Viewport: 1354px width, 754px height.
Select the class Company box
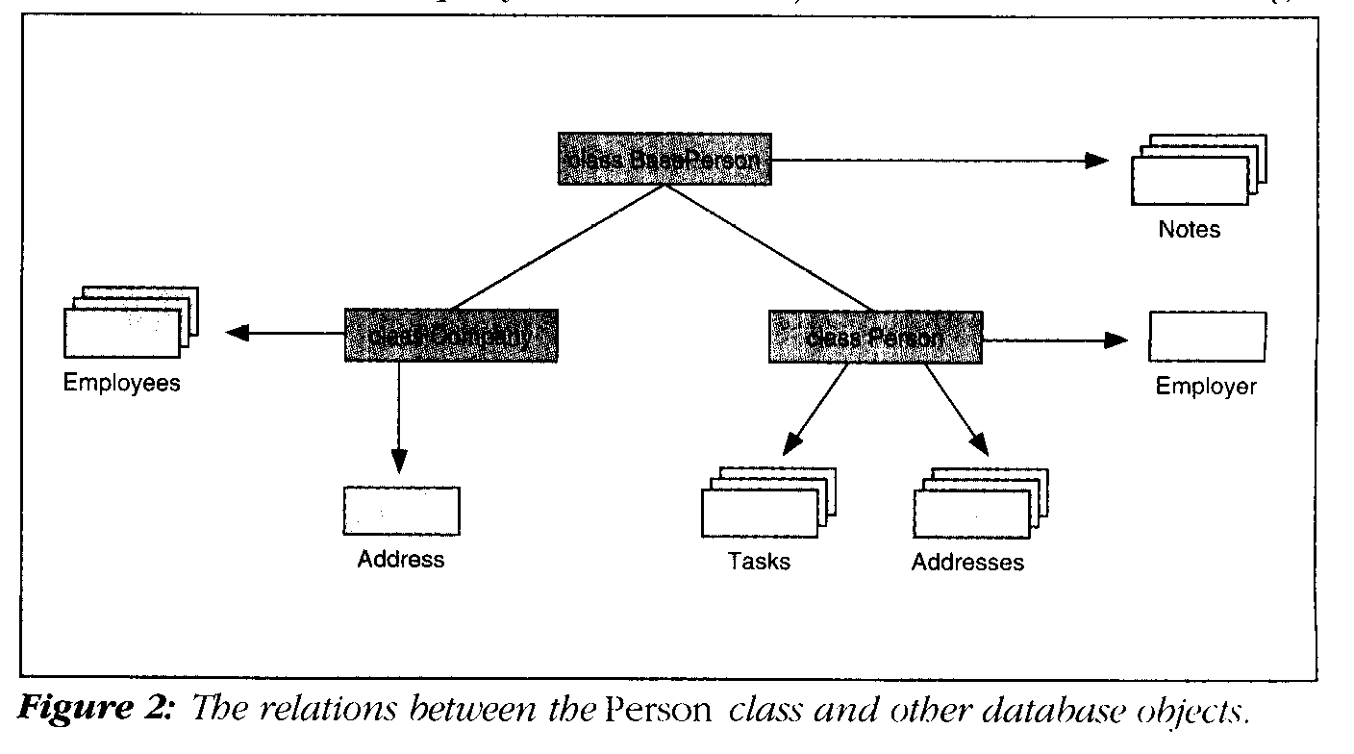coord(451,335)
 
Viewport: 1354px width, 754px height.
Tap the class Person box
coord(875,337)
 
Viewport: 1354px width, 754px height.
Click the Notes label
coord(1189,230)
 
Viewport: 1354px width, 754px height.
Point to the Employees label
coord(122,383)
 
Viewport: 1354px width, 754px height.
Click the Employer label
coord(1206,387)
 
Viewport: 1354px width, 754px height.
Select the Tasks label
coord(759,561)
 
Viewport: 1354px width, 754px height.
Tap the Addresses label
coord(967,562)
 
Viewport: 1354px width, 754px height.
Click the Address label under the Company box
coord(401,559)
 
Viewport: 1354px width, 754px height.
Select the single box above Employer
coord(1207,336)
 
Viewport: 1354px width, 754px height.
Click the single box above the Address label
coord(401,510)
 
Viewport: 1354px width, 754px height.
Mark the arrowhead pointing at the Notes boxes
coord(1097,160)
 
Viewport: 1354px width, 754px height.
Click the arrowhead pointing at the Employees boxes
coord(238,334)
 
